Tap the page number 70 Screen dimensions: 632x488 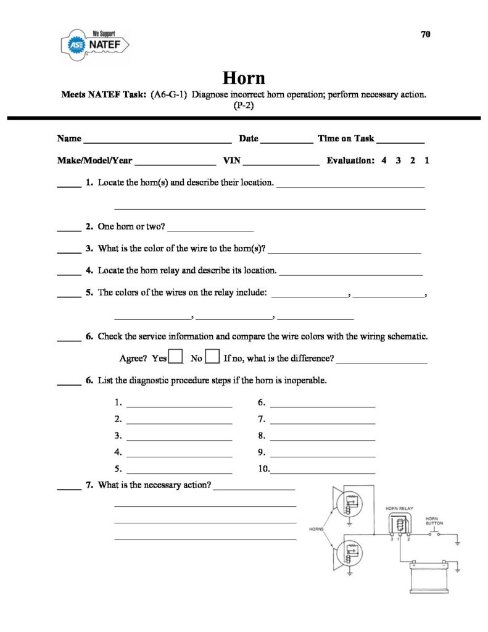426,35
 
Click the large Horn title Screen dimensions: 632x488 244,78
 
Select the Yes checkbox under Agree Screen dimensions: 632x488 175,357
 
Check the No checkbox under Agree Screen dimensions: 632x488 212,357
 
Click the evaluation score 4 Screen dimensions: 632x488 384,160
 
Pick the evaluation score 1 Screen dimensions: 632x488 427,160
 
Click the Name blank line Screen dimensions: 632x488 157,140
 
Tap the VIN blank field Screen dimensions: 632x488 282,162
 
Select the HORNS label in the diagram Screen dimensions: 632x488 316,529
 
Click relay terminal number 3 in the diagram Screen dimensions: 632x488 392,540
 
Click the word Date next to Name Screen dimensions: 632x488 248,139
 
